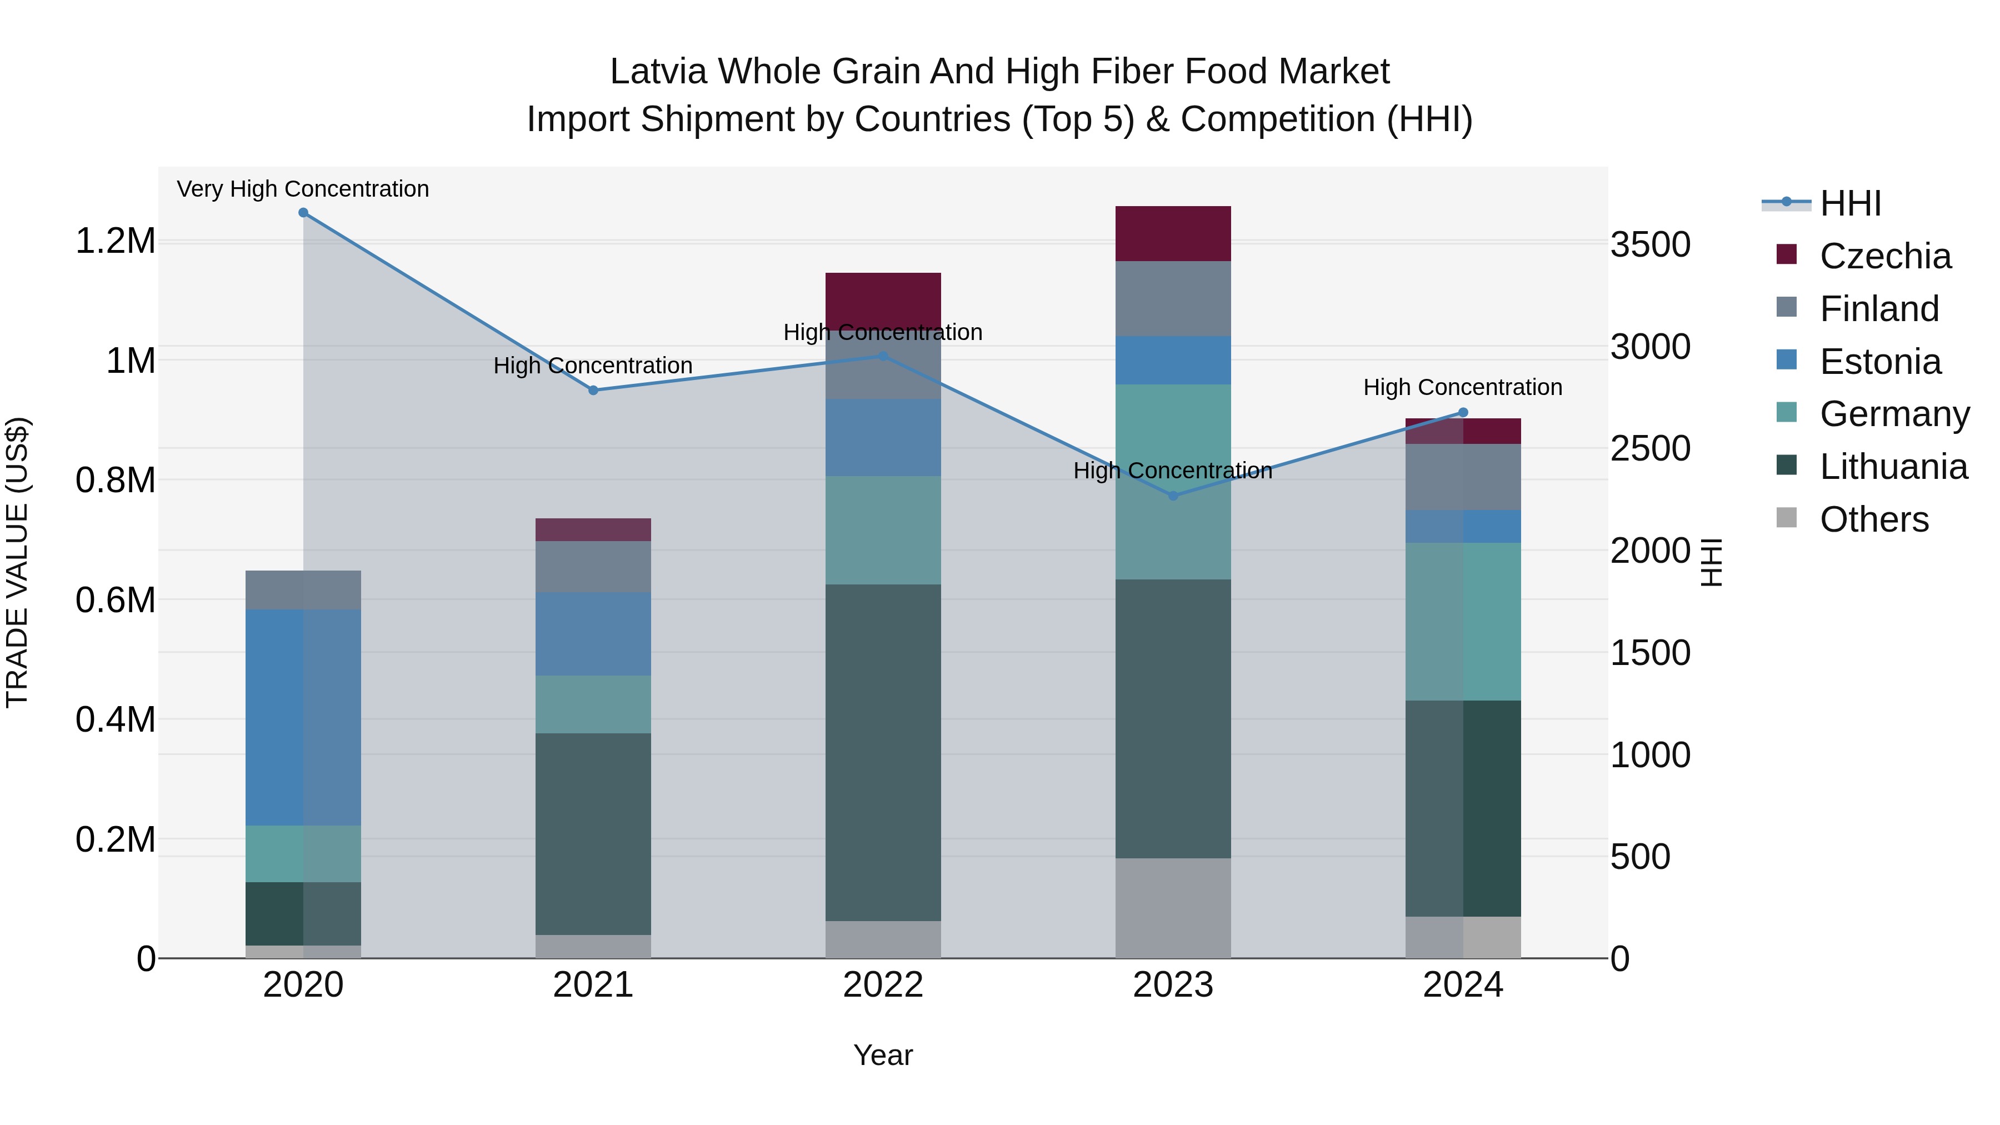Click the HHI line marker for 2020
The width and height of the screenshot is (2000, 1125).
click(303, 213)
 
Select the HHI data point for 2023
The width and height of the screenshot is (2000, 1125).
click(1173, 496)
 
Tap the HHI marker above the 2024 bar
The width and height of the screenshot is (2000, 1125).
click(1463, 412)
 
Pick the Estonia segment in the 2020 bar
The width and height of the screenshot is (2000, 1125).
click(303, 717)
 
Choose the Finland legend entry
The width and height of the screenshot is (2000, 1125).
click(1879, 309)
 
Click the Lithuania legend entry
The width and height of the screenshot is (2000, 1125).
click(1893, 467)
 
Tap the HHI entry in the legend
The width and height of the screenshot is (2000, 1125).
click(1850, 203)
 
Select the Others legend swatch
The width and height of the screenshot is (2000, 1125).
click(1787, 518)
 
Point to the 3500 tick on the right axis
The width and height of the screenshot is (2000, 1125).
click(1650, 244)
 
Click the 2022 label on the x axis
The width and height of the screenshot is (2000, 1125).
click(883, 984)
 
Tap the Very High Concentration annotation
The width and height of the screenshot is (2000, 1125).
click(303, 189)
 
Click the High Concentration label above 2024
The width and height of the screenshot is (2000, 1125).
click(1463, 387)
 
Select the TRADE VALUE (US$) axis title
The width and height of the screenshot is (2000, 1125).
click(17, 562)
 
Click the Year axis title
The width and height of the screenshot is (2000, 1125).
click(883, 1055)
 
